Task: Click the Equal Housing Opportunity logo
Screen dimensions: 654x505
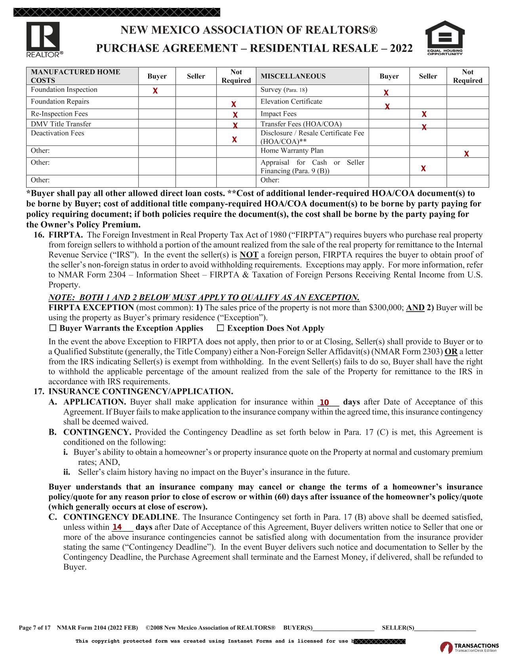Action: [444, 38]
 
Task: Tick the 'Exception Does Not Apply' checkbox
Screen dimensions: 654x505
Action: [221, 328]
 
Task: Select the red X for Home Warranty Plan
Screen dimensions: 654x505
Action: [467, 154]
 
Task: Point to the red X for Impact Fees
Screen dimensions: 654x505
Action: [424, 114]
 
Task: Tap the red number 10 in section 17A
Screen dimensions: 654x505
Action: [324, 403]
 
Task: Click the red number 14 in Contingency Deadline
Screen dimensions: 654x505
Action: [117, 527]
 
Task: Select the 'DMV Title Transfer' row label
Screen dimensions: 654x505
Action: [61, 124]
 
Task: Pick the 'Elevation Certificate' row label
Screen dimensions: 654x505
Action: [291, 102]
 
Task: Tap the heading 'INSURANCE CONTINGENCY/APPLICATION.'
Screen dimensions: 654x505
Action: [141, 392]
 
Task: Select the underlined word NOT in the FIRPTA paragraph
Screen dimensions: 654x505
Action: [249, 255]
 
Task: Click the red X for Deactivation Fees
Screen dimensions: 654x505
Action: [234, 140]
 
